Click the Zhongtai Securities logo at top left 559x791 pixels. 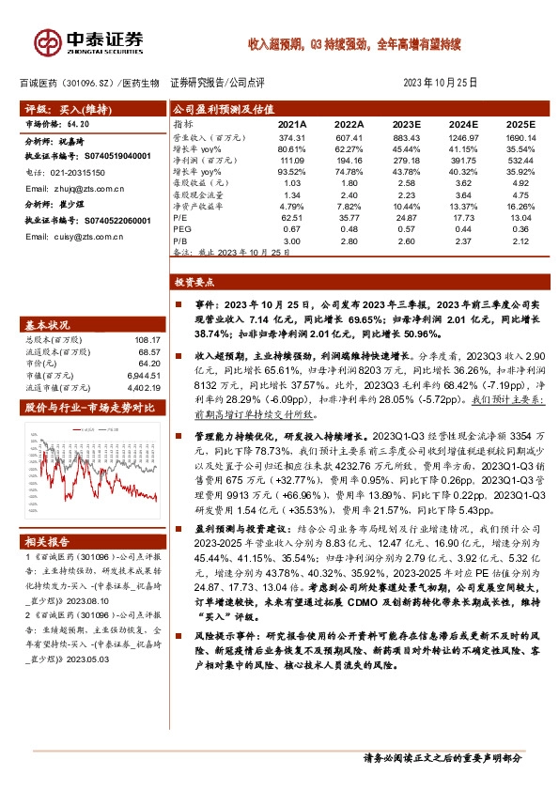88,41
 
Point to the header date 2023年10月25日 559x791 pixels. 441,83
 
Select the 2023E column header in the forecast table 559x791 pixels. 406,124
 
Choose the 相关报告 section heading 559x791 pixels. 47,542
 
